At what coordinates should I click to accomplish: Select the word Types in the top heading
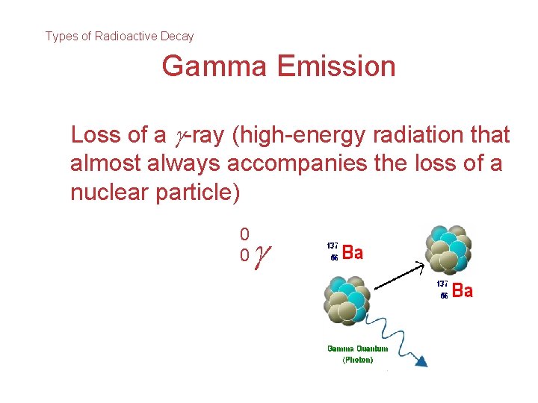(x=61, y=36)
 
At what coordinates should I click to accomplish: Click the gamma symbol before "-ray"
(x=177, y=137)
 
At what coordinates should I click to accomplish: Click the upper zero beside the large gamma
(x=244, y=234)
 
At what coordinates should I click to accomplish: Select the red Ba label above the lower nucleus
(x=352, y=253)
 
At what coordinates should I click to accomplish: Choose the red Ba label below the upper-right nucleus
(x=462, y=291)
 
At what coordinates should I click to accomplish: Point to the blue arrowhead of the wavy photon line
(x=423, y=361)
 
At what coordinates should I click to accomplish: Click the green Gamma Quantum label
(x=357, y=349)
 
